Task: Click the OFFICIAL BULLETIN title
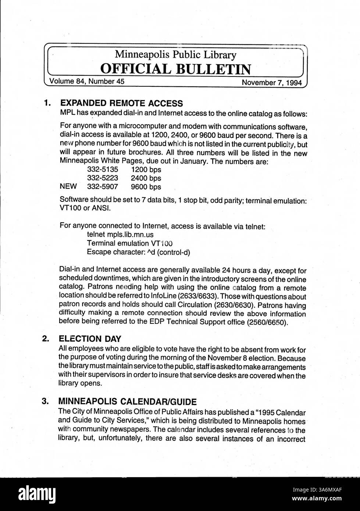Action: click(x=176, y=69)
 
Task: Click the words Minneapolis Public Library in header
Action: click(x=175, y=55)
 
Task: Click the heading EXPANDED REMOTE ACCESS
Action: click(x=121, y=103)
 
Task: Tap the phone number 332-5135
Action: click(x=103, y=170)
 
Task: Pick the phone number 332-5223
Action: click(x=103, y=178)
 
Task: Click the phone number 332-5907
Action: click(x=103, y=187)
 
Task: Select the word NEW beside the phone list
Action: click(x=68, y=187)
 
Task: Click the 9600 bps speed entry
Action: click(x=146, y=187)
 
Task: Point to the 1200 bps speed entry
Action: click(x=146, y=170)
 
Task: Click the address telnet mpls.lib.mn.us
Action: click(x=120, y=234)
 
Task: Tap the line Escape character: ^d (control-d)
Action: click(x=138, y=252)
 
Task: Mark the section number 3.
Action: click(x=46, y=401)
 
